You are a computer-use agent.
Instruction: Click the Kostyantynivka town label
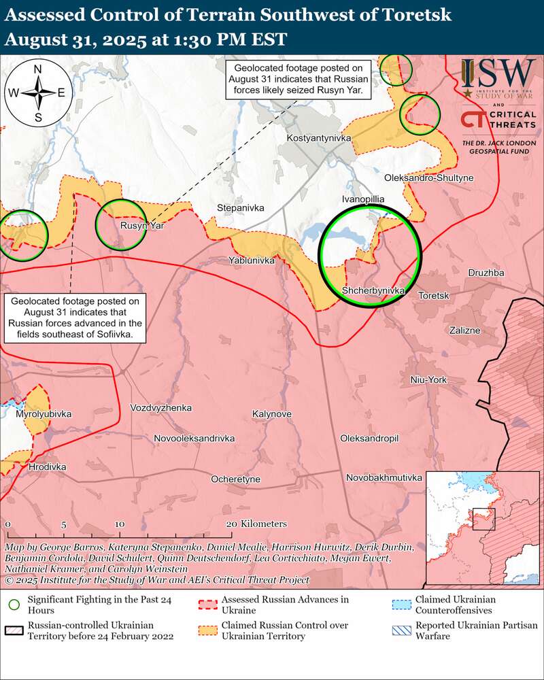(319, 138)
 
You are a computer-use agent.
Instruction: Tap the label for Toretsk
(434, 296)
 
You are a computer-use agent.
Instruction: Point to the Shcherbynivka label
(373, 290)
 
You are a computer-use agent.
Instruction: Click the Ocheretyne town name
(236, 479)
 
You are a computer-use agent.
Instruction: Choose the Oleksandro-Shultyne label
(428, 177)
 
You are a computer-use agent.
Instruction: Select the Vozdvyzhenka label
(161, 408)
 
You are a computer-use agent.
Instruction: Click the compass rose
(38, 93)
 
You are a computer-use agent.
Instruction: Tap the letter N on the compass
(38, 69)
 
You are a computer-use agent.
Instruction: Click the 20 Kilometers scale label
(256, 524)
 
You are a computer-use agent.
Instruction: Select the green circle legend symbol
(14, 605)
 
